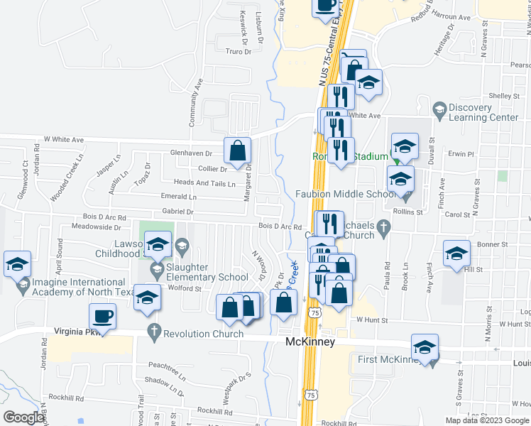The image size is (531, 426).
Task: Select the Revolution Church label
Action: [x=204, y=333]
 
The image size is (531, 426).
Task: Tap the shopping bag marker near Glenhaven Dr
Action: [x=237, y=150]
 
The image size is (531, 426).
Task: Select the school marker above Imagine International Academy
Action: [x=17, y=264]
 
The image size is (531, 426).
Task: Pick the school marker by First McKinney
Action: [x=425, y=347]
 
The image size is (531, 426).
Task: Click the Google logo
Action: [x=23, y=417]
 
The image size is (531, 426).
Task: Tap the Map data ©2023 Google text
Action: [x=487, y=420]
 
